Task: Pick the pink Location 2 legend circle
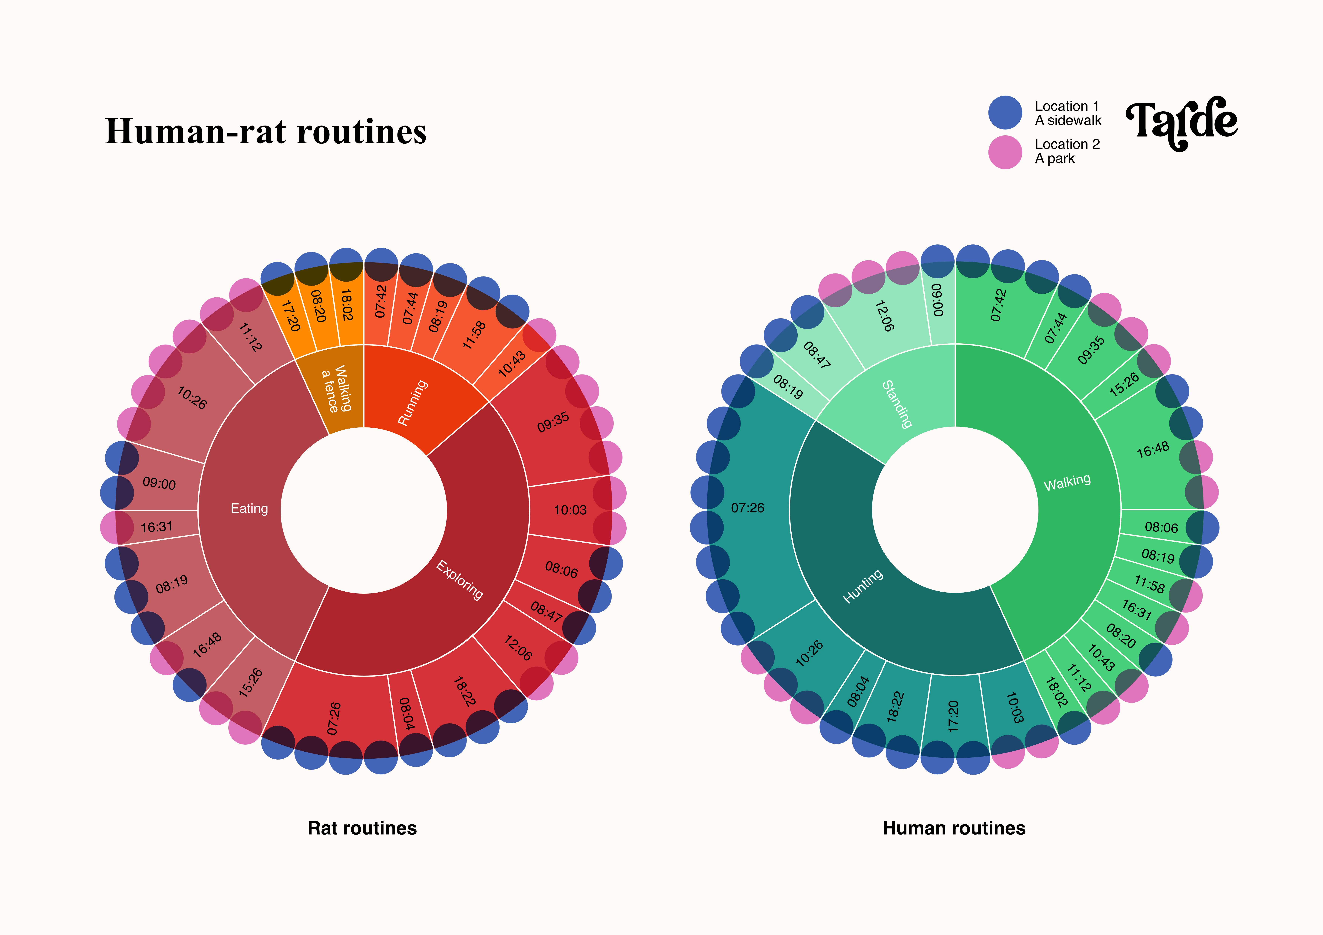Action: point(1005,152)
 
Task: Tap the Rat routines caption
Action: point(362,828)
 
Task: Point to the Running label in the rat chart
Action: point(413,402)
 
